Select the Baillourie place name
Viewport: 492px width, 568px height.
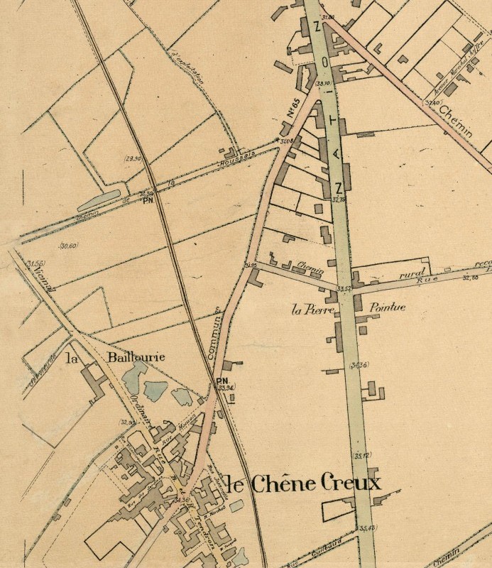[136, 356]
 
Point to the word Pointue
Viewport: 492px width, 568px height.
[388, 308]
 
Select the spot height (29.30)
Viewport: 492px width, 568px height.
[133, 158]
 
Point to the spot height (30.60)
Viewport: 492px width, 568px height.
[70, 246]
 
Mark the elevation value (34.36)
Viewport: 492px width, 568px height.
[360, 365]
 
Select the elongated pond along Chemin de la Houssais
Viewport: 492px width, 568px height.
[99, 199]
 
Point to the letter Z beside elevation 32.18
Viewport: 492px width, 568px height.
[339, 187]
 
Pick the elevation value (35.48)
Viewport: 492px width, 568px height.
[367, 528]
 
